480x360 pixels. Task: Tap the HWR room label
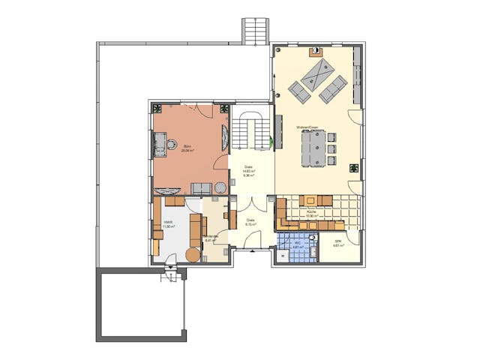point(168,223)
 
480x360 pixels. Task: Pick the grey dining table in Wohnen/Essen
point(313,148)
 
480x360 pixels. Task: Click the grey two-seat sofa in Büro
point(202,187)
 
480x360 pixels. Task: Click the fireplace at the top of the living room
point(318,52)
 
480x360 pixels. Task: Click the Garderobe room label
point(211,237)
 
